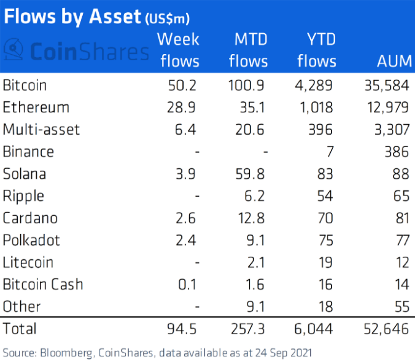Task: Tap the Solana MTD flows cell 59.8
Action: tap(251, 173)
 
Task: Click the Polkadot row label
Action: tap(31, 240)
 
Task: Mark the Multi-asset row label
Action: tap(41, 129)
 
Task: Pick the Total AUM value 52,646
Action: tap(384, 328)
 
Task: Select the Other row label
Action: tap(21, 306)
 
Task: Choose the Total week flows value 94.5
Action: tap(182, 328)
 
